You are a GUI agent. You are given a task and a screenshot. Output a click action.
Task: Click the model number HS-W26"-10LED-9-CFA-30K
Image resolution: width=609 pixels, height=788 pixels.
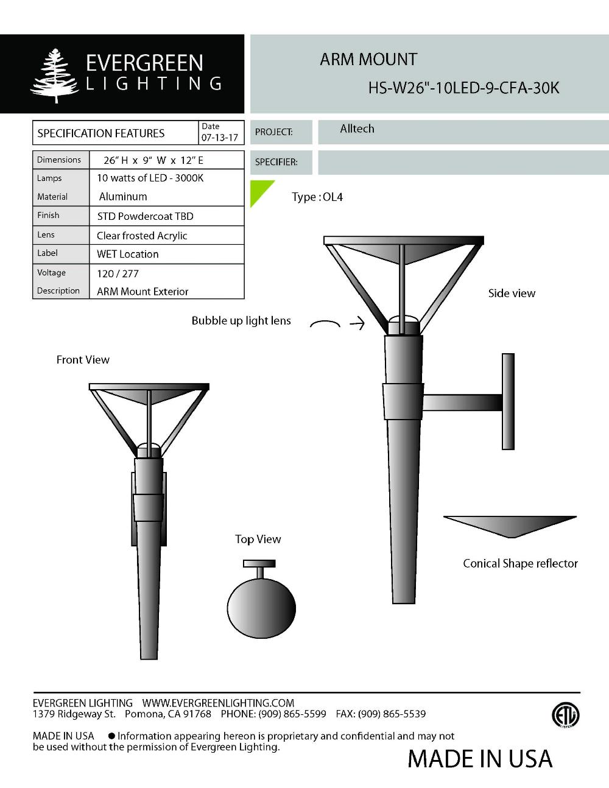(463, 88)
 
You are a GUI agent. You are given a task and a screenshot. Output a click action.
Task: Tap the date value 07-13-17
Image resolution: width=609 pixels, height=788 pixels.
(219, 138)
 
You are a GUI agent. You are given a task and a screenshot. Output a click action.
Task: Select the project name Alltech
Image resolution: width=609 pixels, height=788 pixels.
(357, 129)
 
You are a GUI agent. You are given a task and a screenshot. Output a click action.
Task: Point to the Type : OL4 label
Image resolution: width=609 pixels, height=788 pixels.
(317, 197)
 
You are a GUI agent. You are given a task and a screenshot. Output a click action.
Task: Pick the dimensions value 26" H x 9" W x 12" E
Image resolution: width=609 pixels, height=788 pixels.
(153, 160)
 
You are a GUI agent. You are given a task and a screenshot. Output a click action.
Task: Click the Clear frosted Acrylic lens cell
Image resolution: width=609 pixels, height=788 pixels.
(142, 236)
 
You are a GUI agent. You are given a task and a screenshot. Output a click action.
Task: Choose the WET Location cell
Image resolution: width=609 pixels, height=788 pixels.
(127, 254)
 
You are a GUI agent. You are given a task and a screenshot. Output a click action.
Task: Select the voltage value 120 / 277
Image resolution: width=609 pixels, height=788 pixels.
(118, 273)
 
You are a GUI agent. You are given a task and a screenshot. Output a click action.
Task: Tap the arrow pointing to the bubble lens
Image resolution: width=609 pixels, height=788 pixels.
(357, 323)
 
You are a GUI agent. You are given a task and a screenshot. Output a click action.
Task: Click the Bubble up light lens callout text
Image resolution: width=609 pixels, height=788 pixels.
(241, 321)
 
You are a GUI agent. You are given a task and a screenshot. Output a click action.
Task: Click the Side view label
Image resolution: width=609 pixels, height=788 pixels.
(512, 294)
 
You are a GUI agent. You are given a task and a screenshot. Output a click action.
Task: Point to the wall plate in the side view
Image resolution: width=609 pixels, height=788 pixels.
(508, 401)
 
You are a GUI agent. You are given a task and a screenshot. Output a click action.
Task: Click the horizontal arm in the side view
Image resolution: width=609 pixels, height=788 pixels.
(462, 402)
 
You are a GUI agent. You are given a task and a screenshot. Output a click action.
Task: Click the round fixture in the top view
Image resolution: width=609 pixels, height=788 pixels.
(261, 608)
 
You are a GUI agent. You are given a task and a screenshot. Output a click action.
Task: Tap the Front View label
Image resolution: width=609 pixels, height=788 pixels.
(83, 360)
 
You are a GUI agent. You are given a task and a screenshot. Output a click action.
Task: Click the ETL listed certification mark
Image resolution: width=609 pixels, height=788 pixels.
(565, 716)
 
